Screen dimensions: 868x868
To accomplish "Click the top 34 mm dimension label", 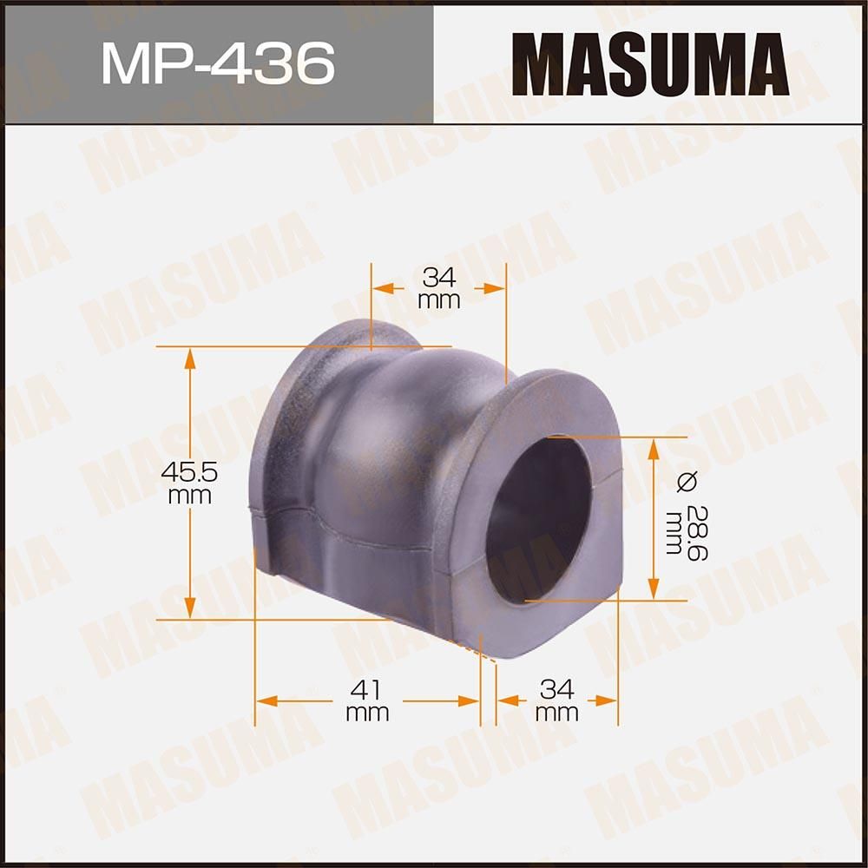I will click(x=438, y=288).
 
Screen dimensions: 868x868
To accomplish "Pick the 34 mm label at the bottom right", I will click(x=557, y=700).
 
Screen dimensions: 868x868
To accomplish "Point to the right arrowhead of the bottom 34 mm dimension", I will click(x=607, y=699).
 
